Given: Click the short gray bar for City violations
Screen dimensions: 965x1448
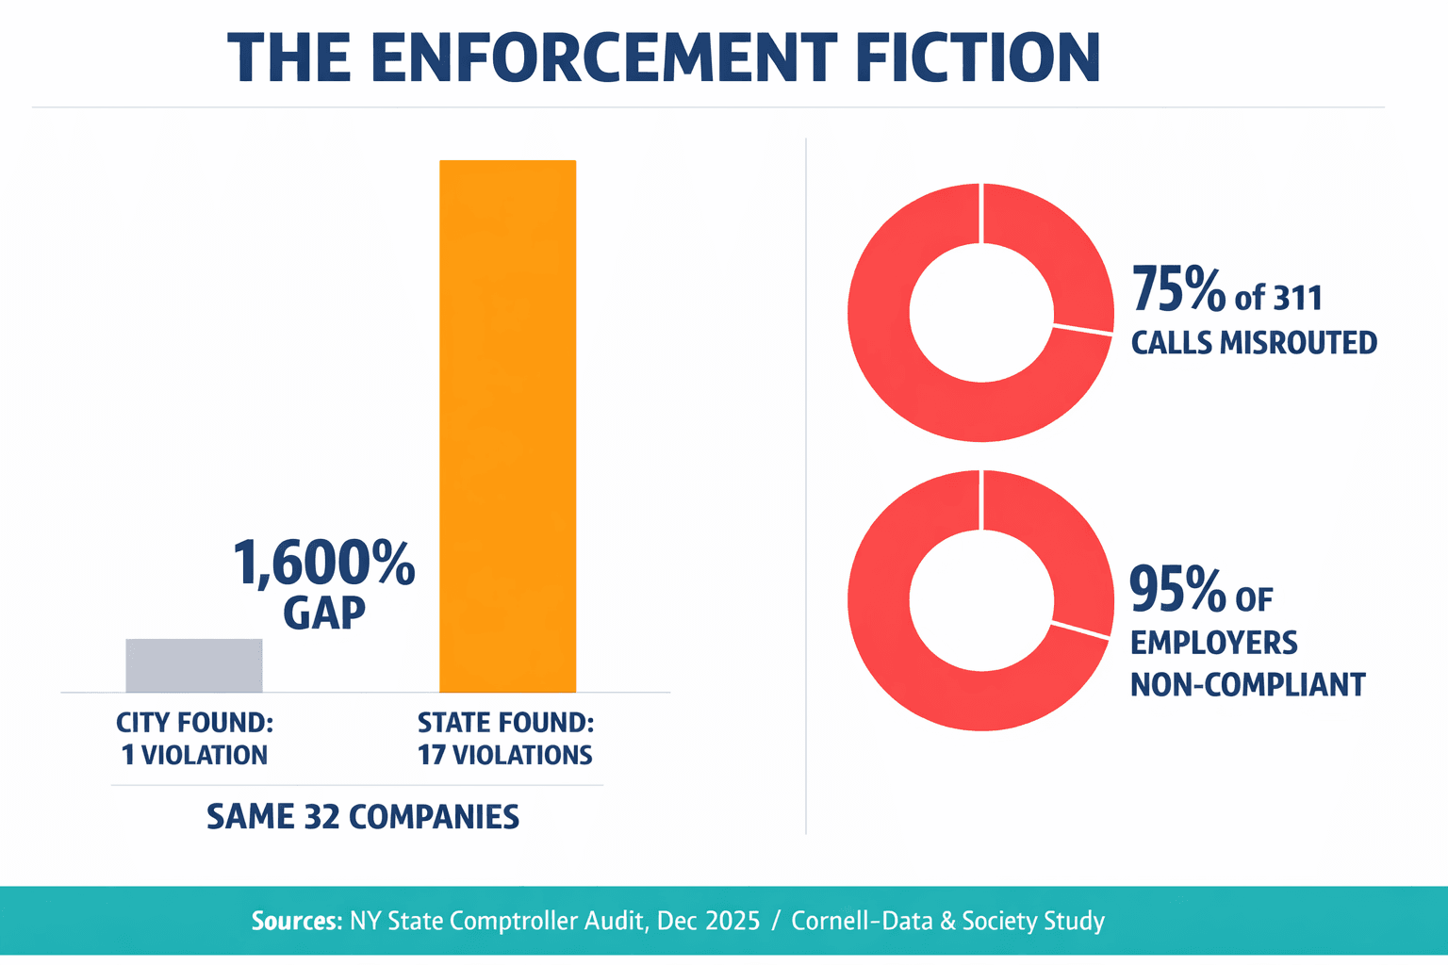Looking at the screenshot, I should pos(194,665).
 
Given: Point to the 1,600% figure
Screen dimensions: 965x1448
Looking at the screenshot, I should pos(323,564).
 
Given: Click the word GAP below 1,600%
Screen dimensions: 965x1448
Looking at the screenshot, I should pos(323,613).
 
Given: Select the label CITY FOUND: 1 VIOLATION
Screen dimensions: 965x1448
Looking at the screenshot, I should pos(194,739).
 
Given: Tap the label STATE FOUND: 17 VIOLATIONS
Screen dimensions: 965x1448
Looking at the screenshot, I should pos(505,739).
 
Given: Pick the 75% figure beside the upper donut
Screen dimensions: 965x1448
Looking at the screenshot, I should pos(1177,290).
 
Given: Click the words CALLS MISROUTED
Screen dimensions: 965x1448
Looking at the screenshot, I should pos(1254,342).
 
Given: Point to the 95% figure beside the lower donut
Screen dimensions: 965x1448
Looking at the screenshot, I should pos(1176,591).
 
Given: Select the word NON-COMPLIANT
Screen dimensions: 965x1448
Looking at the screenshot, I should pos(1247,684).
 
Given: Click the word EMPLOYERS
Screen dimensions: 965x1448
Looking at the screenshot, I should pos(1213,643).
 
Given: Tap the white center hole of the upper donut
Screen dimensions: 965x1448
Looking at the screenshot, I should pos(980,312).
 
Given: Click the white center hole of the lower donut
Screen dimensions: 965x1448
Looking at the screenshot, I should pos(980,600).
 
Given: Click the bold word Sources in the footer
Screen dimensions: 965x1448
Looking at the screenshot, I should pos(294,921).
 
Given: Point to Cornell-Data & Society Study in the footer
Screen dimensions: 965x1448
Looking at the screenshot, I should pos(947,921).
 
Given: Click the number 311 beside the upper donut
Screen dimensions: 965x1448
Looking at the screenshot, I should pos(1298,299).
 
